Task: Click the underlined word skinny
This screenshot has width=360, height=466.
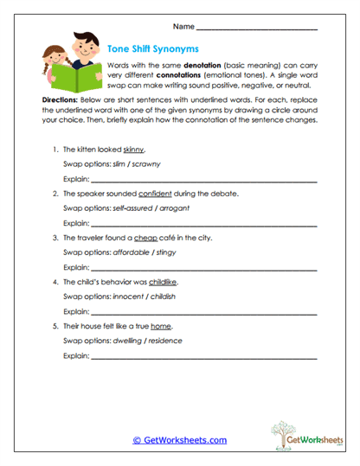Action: click(144, 150)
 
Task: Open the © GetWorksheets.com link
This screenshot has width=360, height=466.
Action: click(179, 440)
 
